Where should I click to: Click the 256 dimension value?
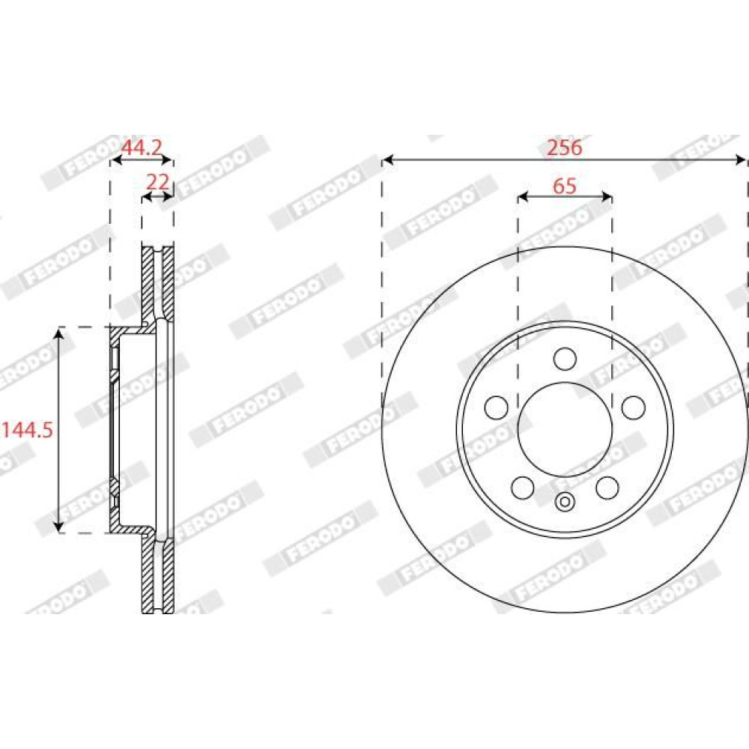click(564, 148)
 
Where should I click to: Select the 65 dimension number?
click(565, 186)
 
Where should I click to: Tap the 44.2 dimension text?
click(142, 148)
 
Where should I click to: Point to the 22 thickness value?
click(157, 182)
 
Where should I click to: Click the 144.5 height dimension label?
click(27, 431)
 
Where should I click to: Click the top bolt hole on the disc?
click(565, 359)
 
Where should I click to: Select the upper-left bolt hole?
click(497, 407)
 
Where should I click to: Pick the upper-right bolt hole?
click(634, 407)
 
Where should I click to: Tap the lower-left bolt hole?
click(523, 488)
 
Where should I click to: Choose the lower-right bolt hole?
click(607, 488)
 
